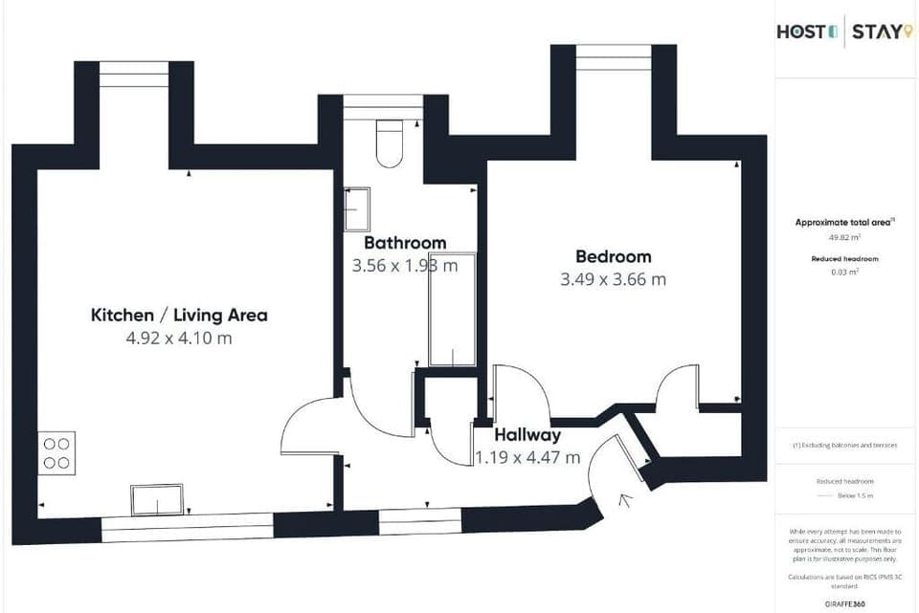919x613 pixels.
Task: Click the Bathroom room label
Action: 405,243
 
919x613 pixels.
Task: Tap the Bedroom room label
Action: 613,256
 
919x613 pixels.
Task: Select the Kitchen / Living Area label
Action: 179,315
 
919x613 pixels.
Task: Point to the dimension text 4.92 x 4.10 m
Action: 179,338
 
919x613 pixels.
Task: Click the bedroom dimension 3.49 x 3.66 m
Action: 613,279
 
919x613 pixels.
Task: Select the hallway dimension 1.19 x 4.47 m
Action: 527,457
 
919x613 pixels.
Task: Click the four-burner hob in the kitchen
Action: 57,452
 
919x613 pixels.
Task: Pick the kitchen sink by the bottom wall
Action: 157,498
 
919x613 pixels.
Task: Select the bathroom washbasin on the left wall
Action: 358,208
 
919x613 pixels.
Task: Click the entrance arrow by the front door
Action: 627,499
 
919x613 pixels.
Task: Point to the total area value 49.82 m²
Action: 844,236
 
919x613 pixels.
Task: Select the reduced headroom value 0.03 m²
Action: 844,272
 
